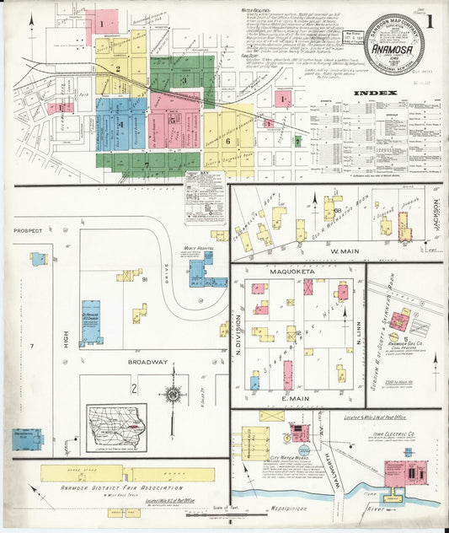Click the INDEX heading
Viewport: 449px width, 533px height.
point(371,92)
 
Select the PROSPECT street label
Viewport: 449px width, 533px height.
point(27,229)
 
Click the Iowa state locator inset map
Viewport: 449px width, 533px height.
point(116,423)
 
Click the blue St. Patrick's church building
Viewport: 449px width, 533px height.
point(90,321)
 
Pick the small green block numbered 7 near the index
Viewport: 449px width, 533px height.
point(297,141)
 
